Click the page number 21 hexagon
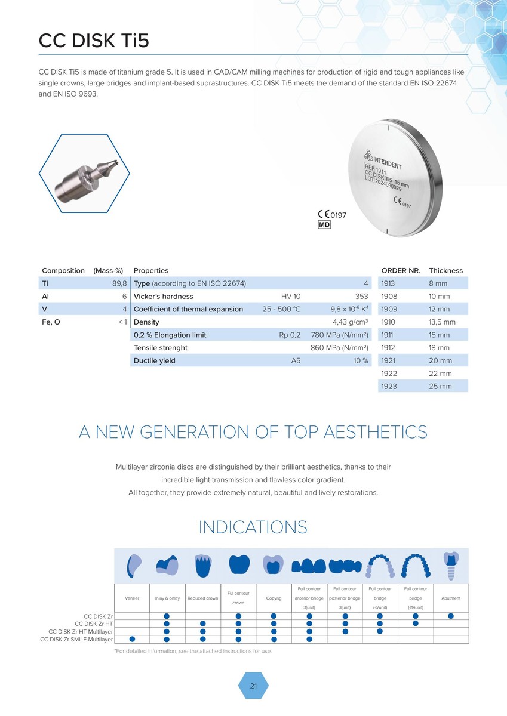[253, 686]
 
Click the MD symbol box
[324, 225]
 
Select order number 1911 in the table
[387, 335]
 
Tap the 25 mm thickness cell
[440, 386]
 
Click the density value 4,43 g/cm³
[351, 322]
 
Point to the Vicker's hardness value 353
[361, 297]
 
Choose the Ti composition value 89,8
[119, 283]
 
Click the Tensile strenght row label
[160, 348]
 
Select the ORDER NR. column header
[401, 270]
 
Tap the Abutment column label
[451, 598]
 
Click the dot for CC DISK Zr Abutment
[451, 616]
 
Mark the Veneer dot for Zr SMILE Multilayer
[132, 639]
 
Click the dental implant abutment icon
[451, 566]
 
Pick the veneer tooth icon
[134, 566]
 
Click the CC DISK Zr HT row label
[94, 624]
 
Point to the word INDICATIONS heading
[253, 527]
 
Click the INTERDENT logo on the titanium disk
[383, 159]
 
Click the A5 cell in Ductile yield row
[296, 360]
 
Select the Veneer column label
[132, 598]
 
